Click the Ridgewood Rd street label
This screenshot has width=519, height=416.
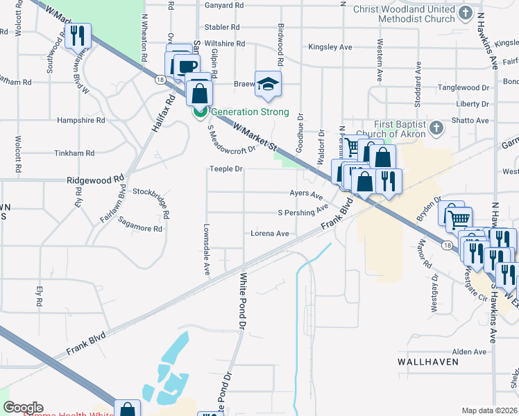(x=94, y=180)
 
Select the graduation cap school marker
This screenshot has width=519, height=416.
(x=268, y=85)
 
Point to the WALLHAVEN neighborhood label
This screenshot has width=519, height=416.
(x=427, y=362)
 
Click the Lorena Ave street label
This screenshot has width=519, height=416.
(x=269, y=234)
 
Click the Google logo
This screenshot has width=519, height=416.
(x=23, y=408)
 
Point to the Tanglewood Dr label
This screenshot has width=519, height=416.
(x=464, y=88)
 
